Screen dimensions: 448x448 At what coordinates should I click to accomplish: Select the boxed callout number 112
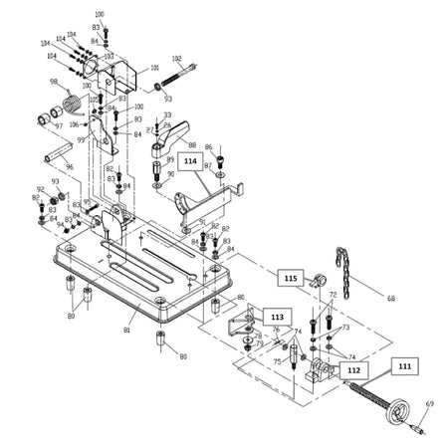352,368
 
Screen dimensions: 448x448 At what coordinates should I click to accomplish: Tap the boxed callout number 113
276,315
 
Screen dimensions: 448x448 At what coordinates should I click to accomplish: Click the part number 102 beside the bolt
177,59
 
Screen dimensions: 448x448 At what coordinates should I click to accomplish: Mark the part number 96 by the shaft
70,167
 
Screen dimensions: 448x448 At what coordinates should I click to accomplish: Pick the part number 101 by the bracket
154,69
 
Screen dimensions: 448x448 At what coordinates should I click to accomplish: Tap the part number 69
430,402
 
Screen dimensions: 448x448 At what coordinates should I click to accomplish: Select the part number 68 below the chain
390,298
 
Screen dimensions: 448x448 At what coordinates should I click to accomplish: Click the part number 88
192,145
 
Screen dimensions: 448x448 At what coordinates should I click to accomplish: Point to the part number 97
58,126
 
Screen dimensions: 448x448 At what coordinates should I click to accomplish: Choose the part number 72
333,296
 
